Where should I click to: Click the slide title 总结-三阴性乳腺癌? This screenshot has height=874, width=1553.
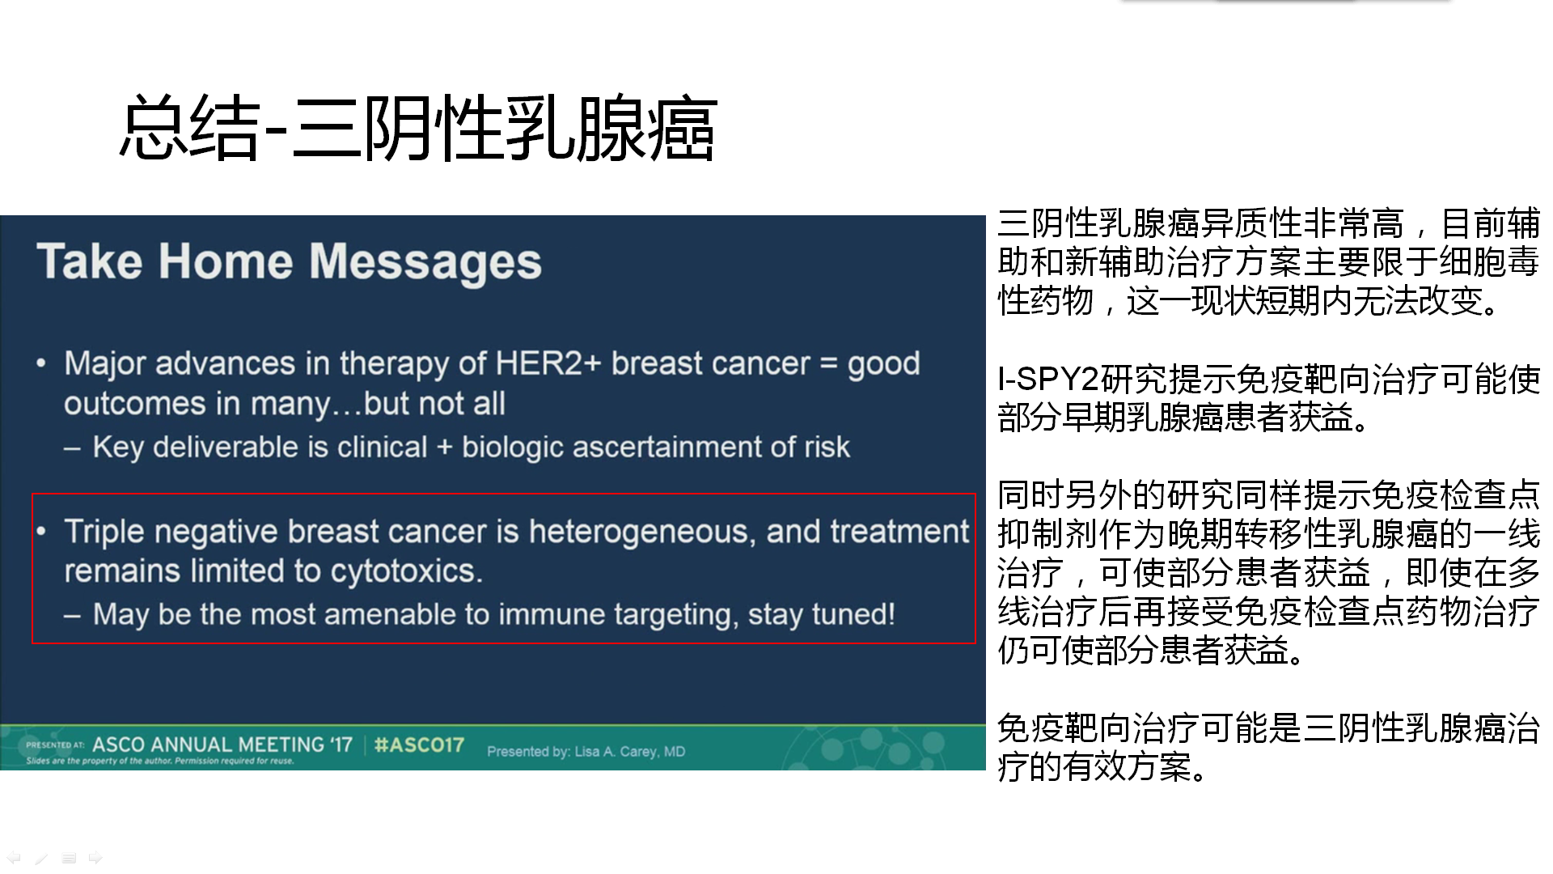point(418,129)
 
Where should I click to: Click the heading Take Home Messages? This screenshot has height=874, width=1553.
point(290,261)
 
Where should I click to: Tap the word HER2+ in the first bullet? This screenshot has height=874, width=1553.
point(548,363)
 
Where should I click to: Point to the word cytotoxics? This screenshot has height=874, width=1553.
point(407,571)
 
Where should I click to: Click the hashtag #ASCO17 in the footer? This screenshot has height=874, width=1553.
point(419,745)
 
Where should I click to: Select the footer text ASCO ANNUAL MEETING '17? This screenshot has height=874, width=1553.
point(222,745)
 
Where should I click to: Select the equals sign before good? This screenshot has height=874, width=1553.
point(828,364)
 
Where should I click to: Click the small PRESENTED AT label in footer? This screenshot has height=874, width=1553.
point(55,745)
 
